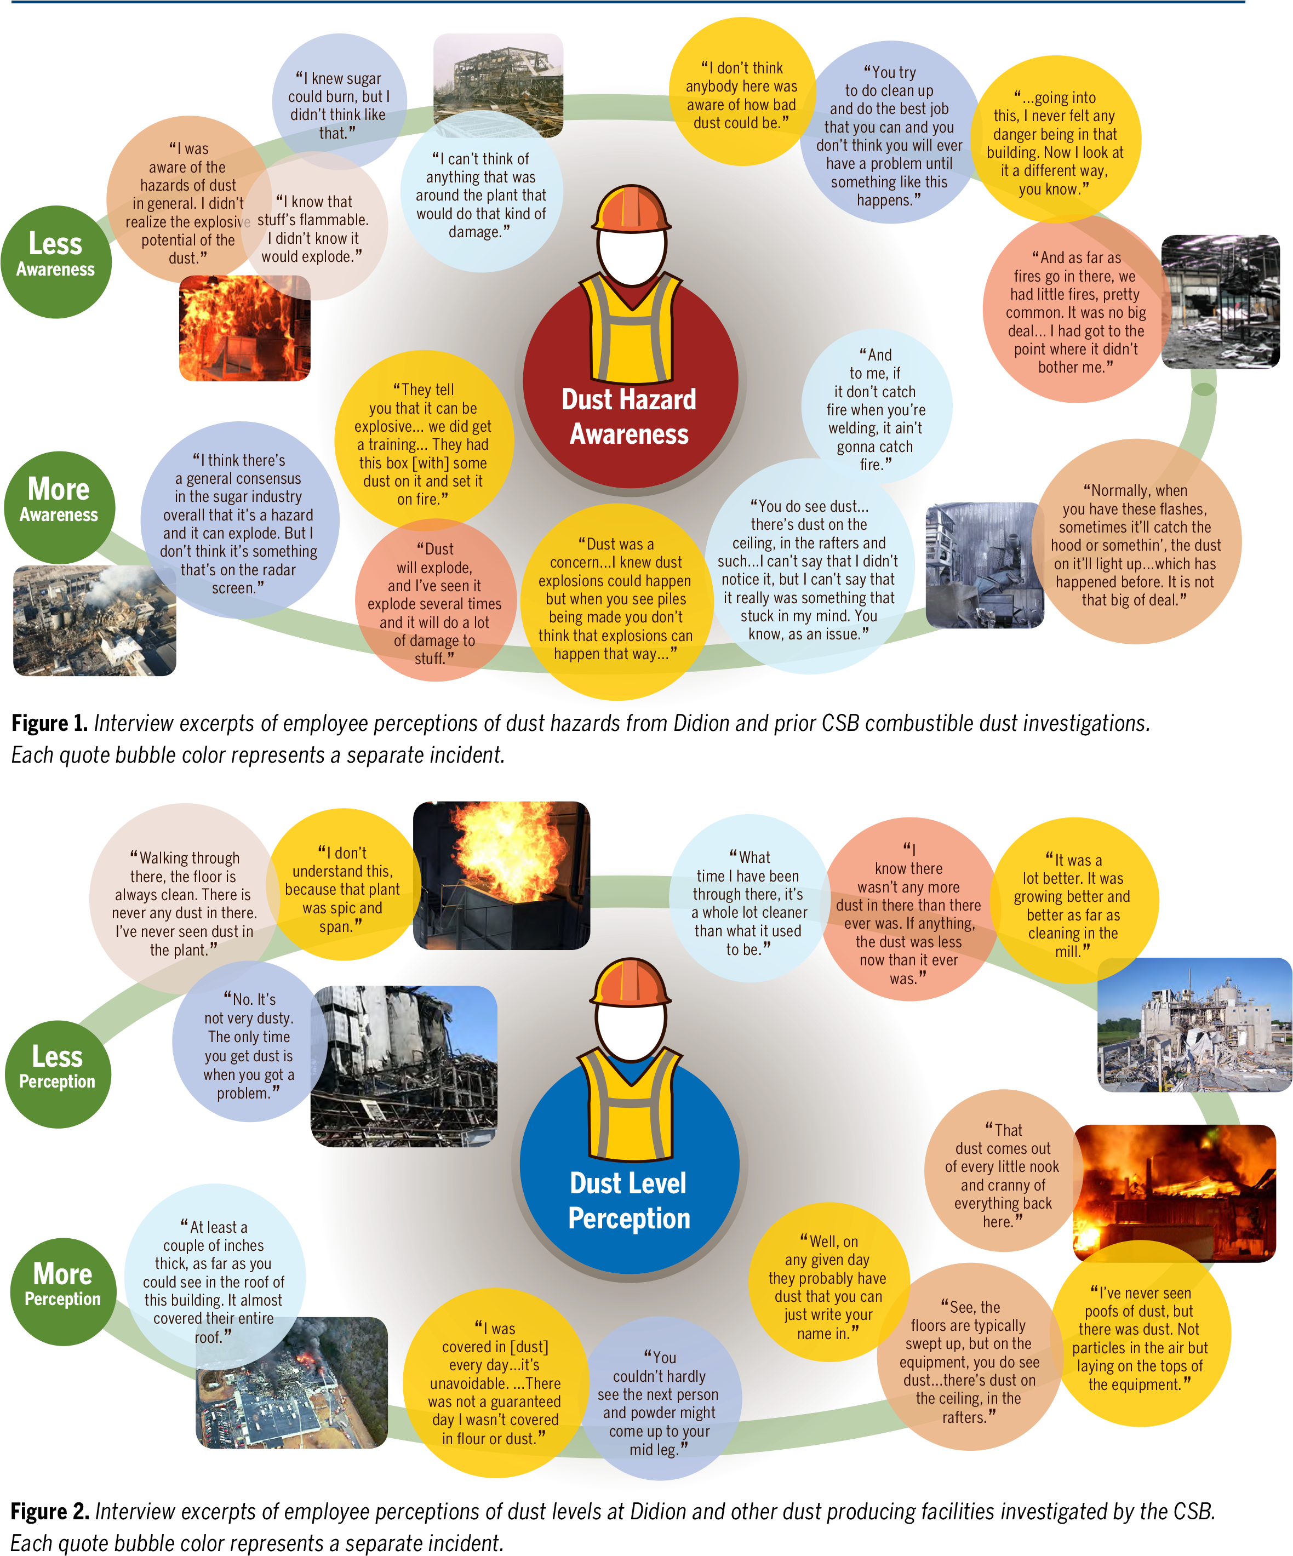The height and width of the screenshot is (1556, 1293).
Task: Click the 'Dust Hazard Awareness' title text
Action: pyautogui.click(x=629, y=416)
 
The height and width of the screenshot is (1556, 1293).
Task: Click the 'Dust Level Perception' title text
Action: pyautogui.click(x=629, y=1200)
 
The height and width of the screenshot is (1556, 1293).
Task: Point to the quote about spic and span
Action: pyautogui.click(x=342, y=889)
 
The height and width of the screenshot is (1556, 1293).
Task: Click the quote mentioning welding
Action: pyautogui.click(x=876, y=409)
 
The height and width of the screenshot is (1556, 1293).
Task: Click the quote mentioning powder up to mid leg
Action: pyautogui.click(x=659, y=1403)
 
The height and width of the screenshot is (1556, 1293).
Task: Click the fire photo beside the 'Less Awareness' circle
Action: pyautogui.click(x=244, y=329)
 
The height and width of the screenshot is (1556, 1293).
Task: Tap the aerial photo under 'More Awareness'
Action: pyautogui.click(x=95, y=621)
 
